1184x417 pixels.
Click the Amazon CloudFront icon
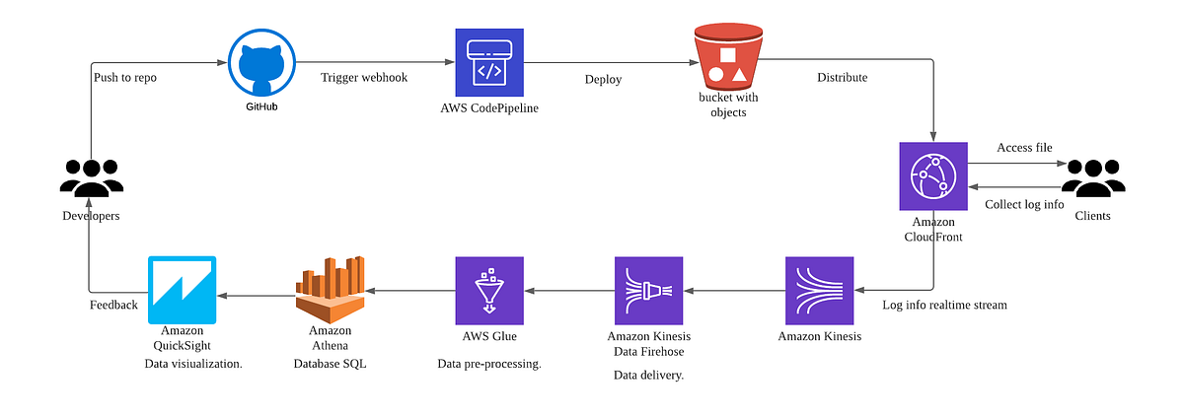(x=932, y=175)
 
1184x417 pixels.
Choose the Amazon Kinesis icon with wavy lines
(x=819, y=291)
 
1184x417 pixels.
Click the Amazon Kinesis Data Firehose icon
(x=647, y=291)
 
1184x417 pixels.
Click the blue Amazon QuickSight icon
(x=182, y=290)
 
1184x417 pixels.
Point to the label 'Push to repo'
(x=125, y=77)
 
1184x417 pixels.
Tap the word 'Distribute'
(x=842, y=77)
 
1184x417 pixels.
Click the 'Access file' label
(x=1024, y=148)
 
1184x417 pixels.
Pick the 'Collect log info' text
(x=1023, y=204)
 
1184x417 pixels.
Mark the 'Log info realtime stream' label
(x=944, y=305)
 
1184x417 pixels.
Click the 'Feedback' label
(x=113, y=305)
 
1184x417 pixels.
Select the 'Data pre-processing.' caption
(x=489, y=364)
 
